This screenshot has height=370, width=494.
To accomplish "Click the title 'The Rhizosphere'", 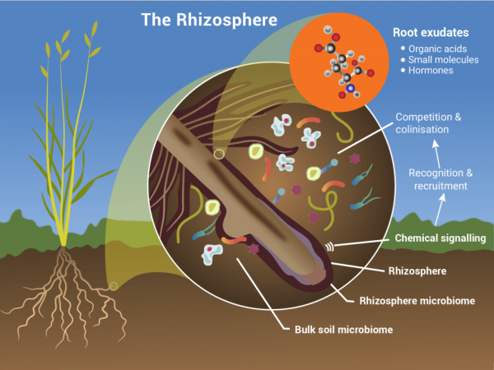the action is coord(209,20).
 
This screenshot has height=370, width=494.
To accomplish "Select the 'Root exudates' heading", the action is coord(431,32).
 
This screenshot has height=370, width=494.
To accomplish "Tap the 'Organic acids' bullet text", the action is coord(438,49).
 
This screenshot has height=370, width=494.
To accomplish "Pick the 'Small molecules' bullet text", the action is coord(443,60).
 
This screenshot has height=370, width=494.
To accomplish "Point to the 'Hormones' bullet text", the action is coord(431,70).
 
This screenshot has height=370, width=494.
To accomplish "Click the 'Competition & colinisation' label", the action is coord(428,123).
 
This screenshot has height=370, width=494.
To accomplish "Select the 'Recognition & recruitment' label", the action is coord(440,179).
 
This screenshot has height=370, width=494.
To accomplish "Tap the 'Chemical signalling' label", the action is coord(440,238).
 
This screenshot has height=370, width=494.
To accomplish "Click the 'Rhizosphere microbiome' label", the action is coord(417,301).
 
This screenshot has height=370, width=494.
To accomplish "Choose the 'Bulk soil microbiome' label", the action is coord(343,330).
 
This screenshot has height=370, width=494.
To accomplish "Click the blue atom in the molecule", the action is coord(350,89).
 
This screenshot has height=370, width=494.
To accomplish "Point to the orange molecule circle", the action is coord(339,62).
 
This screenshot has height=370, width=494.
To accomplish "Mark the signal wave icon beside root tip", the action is coord(329,247).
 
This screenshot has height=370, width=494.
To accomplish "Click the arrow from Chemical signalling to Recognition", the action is coord(440,210).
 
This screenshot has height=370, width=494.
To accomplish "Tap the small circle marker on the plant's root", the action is coord(114,286).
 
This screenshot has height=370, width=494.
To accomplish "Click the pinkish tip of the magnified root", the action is coord(316,275).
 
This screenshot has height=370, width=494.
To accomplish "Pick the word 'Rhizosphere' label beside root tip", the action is coord(417,271).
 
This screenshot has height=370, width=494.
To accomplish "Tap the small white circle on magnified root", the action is coord(219,155).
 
